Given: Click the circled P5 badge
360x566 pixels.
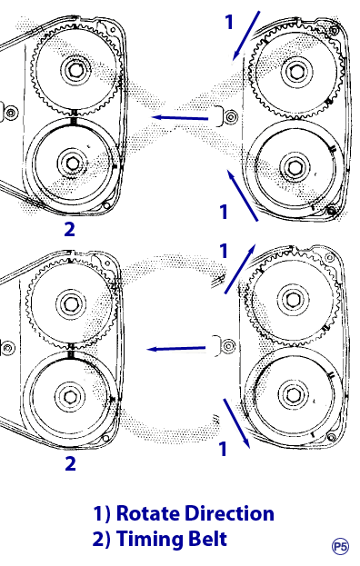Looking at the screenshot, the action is [340, 547].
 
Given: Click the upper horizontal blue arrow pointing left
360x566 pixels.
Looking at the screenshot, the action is [179, 118].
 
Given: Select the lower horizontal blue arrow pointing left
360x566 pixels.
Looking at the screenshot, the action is [175, 349].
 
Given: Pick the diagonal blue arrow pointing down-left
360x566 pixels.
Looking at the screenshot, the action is [246, 35].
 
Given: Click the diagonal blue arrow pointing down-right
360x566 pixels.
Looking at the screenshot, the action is [237, 423].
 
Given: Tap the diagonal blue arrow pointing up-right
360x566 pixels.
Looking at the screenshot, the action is [240, 269].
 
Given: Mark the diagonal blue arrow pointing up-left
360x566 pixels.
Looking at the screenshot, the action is [243, 195].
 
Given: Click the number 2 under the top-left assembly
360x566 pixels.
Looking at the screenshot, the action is [69, 229].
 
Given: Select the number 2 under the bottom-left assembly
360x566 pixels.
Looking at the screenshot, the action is [70, 463].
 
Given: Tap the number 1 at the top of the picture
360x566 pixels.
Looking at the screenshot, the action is [229, 22].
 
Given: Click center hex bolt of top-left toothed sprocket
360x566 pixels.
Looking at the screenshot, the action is [75, 70].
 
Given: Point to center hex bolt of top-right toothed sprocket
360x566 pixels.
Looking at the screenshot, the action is [295, 71].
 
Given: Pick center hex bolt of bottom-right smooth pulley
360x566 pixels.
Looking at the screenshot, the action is [292, 395].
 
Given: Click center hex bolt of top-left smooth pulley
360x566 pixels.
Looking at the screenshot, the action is [72, 164].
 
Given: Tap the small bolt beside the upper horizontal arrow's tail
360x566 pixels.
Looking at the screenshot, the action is [230, 117].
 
